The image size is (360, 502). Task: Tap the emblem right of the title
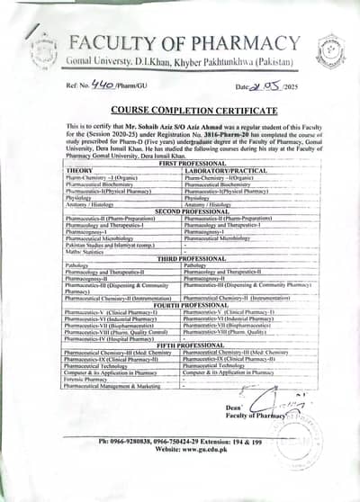point(330,50)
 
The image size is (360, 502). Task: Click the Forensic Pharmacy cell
point(91,379)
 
